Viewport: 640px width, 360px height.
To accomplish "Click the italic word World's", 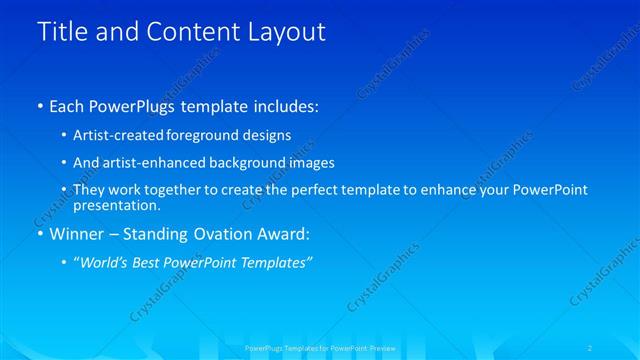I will tap(105, 262).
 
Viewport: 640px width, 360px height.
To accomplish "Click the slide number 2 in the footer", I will tap(591, 347).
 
